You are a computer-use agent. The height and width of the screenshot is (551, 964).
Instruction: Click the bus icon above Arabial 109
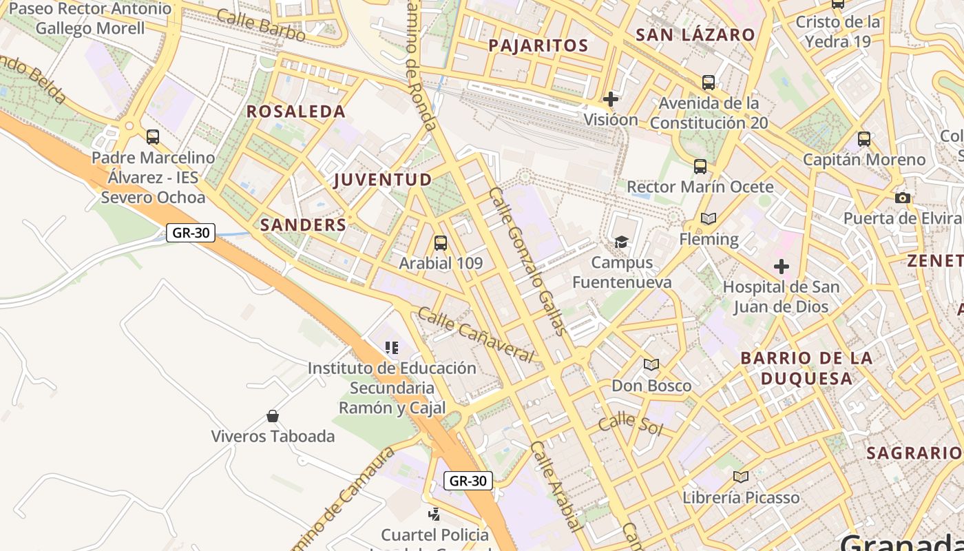pos(441,243)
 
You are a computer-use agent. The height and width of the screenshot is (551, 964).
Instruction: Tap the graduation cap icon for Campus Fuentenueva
pos(622,242)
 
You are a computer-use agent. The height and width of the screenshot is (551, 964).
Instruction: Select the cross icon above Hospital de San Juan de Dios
pos(781,267)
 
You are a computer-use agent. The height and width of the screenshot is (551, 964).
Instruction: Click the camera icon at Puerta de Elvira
pos(902,198)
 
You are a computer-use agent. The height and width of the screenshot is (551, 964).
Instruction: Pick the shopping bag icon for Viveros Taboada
pos(273,416)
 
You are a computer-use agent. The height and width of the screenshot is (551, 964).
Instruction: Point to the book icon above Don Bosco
pos(651,364)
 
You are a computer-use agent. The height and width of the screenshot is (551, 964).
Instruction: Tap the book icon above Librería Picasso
pos(741,477)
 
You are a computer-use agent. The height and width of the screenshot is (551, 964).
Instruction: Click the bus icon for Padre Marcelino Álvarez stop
pos(153,137)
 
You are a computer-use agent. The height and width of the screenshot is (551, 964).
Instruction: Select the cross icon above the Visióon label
pos(610,99)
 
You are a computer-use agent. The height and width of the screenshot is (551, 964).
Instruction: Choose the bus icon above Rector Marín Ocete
pos(700,166)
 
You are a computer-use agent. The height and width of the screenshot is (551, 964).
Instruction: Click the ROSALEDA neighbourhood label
pos(296,112)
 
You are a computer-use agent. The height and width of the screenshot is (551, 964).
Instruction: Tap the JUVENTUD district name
pos(383,180)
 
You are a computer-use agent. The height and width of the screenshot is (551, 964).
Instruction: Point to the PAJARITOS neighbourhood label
pos(538,46)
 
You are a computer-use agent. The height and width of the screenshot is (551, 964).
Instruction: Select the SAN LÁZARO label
pos(695,35)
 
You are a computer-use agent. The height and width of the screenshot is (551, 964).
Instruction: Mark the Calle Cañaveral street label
pos(476,335)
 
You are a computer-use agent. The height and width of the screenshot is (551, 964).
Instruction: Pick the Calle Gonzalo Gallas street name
pos(528,260)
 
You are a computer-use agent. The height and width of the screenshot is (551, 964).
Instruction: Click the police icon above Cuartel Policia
pos(434,513)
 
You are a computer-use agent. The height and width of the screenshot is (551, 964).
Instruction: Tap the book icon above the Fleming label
pos(708,219)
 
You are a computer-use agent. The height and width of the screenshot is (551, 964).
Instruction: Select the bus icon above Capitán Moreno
pos(864,139)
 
